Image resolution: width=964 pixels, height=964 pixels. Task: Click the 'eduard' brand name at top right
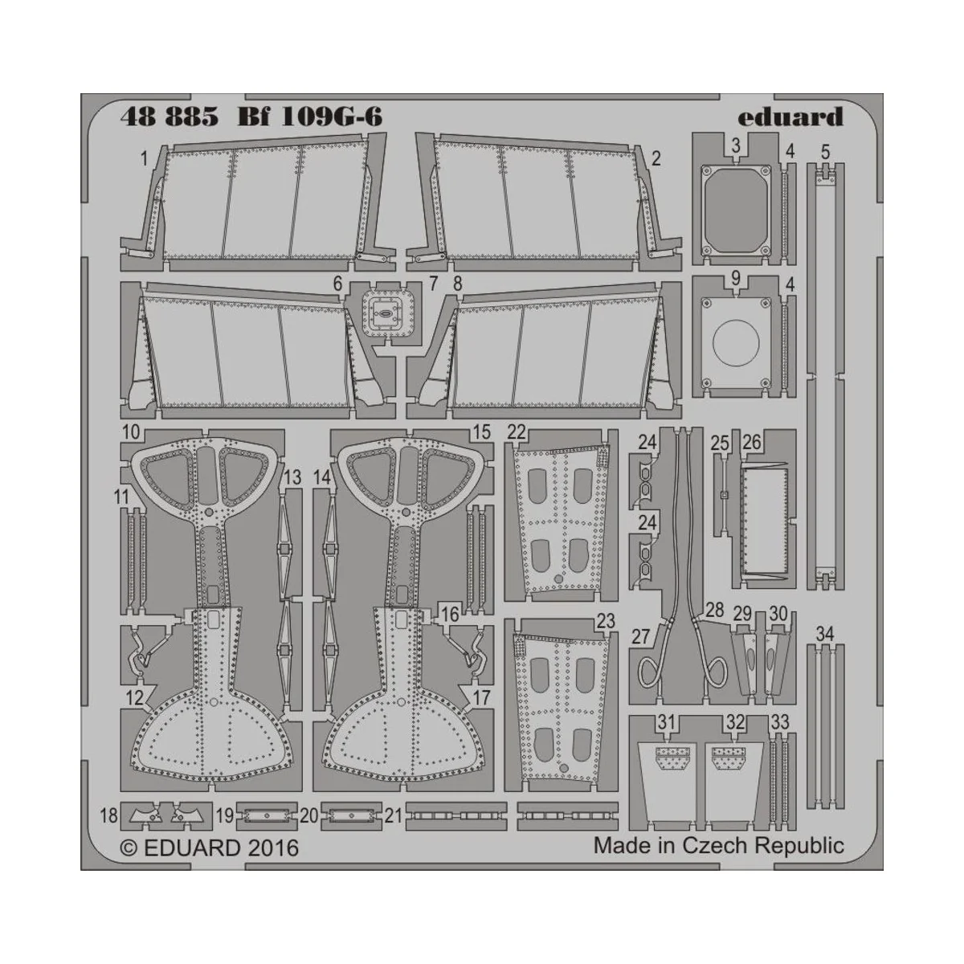pos(790,117)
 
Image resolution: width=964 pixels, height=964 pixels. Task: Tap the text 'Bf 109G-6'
pos(309,117)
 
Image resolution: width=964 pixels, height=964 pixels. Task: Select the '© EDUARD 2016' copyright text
pos(209,848)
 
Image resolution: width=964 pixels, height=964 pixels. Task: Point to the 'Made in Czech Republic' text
pos(719,845)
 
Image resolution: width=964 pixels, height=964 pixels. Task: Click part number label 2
pos(656,159)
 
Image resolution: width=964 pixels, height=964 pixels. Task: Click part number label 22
pos(516,432)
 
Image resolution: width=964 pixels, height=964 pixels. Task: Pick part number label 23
pos(606,621)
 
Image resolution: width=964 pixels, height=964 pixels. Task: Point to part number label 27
pos(640,637)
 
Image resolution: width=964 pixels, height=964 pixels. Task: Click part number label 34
pos(824,635)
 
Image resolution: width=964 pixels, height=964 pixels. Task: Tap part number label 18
pos(108,817)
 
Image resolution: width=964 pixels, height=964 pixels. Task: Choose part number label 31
pos(665,723)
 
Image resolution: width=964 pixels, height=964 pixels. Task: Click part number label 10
pos(131,433)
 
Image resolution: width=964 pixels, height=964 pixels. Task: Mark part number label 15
pos(481,433)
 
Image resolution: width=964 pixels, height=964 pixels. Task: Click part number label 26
pos(752,443)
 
